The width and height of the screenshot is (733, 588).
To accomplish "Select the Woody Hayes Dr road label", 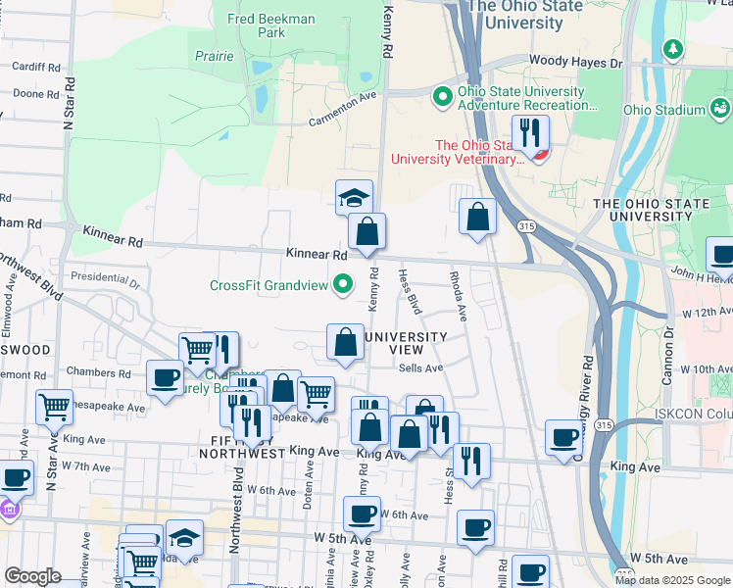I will [575, 62].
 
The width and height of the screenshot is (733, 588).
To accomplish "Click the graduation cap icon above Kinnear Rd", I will [354, 197].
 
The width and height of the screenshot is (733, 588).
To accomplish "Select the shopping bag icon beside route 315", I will [477, 217].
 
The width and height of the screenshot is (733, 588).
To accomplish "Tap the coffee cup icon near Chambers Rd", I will [166, 377].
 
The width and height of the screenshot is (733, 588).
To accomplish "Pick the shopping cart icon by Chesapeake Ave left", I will [54, 407].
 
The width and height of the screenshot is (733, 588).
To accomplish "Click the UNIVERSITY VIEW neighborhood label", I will [406, 343].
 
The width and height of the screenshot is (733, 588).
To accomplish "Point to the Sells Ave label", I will [421, 368].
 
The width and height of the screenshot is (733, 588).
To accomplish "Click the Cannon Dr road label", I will [671, 331].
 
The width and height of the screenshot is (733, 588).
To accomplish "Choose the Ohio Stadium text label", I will [663, 110].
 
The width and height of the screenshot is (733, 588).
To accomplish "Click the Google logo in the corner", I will [32, 576].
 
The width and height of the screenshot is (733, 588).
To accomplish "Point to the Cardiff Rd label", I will [36, 68].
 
